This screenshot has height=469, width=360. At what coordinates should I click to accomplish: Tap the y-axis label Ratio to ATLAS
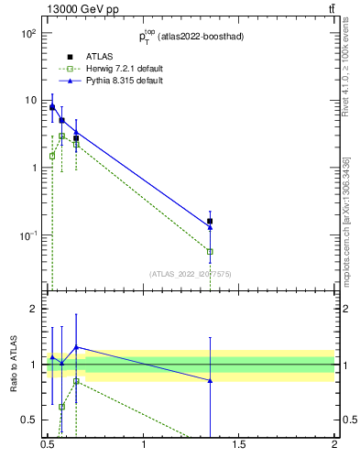pos(14,364)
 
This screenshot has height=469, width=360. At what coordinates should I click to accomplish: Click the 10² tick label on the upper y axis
pos(28,33)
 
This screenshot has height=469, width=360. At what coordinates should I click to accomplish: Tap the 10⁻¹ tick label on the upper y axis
pos(27,235)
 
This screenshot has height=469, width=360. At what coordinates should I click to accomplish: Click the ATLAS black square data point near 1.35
pos(210,221)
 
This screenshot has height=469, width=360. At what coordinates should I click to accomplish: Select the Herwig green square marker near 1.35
pos(210,251)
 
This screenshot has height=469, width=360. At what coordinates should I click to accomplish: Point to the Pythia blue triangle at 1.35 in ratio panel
pos(210,380)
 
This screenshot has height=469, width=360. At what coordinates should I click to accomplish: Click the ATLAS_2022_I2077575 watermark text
pos(191,274)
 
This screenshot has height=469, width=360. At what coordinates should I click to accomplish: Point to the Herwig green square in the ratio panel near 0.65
pos(76,381)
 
